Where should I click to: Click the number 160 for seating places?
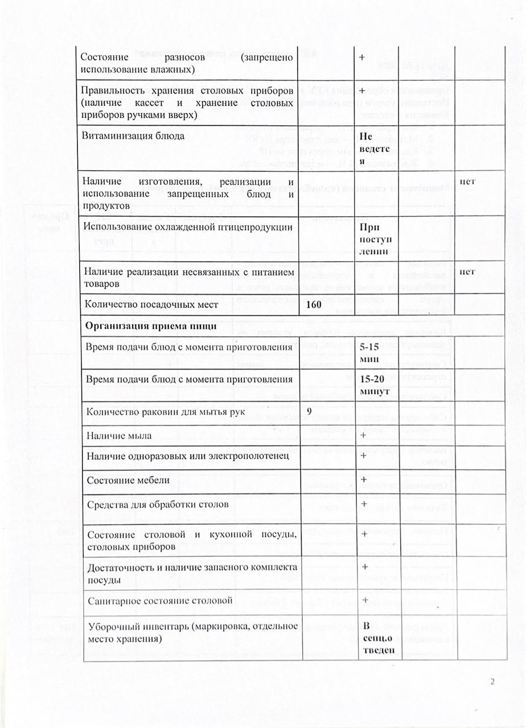click(314, 304)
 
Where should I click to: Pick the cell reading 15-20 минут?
click(375, 383)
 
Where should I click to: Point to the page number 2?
click(493, 682)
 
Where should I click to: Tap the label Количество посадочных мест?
click(151, 304)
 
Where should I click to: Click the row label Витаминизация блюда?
click(134, 137)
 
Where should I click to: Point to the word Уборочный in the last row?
click(110, 627)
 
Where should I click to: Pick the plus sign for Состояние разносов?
click(362, 57)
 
